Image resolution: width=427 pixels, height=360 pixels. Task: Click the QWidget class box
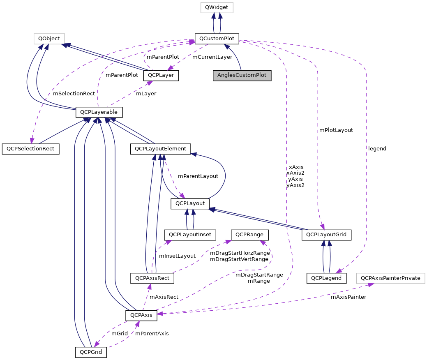pos(216,7)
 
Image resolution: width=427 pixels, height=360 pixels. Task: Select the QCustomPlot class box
pos(217,39)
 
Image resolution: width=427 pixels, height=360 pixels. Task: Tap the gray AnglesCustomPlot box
pos(242,76)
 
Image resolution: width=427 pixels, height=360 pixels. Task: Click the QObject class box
pos(49,39)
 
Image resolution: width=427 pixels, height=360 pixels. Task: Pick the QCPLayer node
pos(161,76)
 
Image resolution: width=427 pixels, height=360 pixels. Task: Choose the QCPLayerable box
pos(99,112)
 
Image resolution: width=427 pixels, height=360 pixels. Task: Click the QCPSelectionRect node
pos(30,149)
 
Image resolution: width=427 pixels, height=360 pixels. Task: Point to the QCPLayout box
pos(190,203)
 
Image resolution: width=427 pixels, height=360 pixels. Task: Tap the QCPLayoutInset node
pos(189,235)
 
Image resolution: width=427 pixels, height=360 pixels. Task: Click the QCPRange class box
pos(250,235)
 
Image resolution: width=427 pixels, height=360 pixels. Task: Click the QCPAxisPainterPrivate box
pos(390,278)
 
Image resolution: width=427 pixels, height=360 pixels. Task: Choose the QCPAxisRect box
pos(152,278)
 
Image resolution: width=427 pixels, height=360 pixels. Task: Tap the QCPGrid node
pos(91,352)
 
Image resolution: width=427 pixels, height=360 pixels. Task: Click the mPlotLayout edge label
pos(336,130)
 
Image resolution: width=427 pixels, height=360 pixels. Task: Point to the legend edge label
pos(377,149)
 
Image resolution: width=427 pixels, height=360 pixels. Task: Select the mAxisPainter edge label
pos(348,297)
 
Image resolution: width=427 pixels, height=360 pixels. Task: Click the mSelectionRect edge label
pos(74,94)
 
